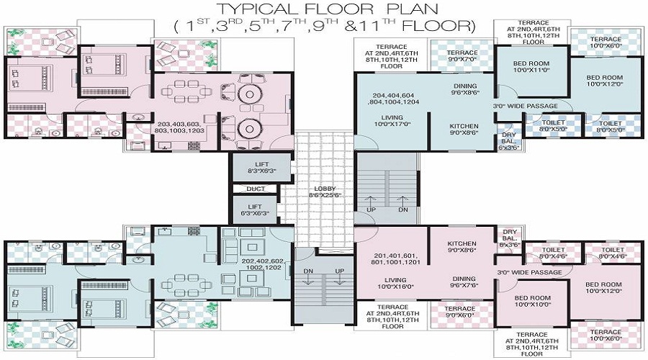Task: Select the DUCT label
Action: [x=255, y=189]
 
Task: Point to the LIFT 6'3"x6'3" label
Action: [x=255, y=210]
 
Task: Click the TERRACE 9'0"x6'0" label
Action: [x=462, y=311]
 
